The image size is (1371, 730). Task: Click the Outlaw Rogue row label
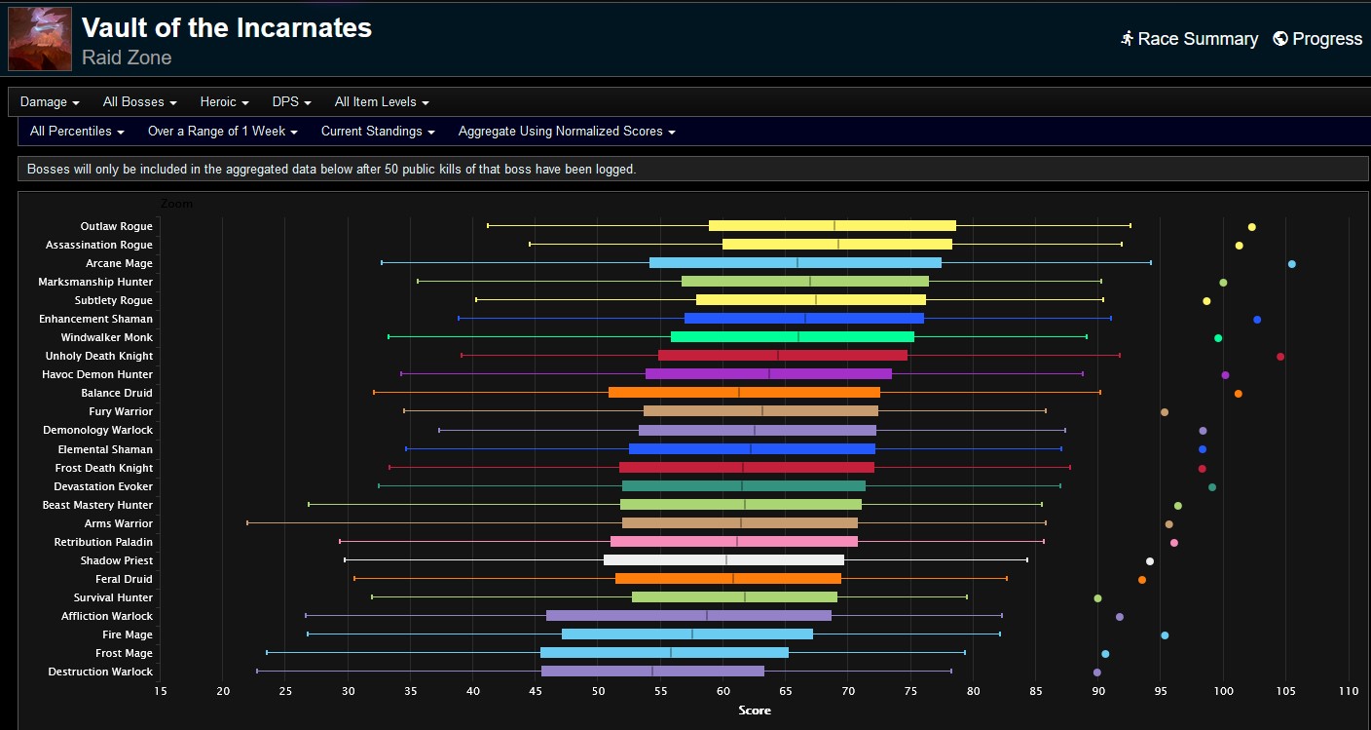tap(116, 226)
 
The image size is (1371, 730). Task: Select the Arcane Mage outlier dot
tap(1291, 264)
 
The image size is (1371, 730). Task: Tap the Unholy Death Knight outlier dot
tap(1279, 357)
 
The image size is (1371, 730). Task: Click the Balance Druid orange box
tap(744, 393)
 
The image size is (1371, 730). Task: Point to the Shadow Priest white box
tap(723, 560)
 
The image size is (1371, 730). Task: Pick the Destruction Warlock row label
tap(100, 672)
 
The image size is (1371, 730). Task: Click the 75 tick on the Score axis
tap(910, 691)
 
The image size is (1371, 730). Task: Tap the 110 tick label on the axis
tap(1348, 691)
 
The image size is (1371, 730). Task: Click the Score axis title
tap(755, 711)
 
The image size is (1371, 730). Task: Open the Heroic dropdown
tap(224, 102)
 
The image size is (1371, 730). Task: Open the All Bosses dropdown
tap(139, 102)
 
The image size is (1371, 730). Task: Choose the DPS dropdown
tap(291, 102)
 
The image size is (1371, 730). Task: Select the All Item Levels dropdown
tap(381, 102)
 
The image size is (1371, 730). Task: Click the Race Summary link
tap(1189, 39)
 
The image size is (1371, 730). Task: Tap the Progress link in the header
tap(1317, 39)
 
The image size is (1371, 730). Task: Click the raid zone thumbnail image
tap(40, 39)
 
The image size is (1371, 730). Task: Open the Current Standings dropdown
tap(377, 132)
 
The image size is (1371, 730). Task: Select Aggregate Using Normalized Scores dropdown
tap(566, 132)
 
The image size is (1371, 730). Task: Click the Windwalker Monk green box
tap(793, 337)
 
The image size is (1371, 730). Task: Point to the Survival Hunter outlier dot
tap(1097, 598)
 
